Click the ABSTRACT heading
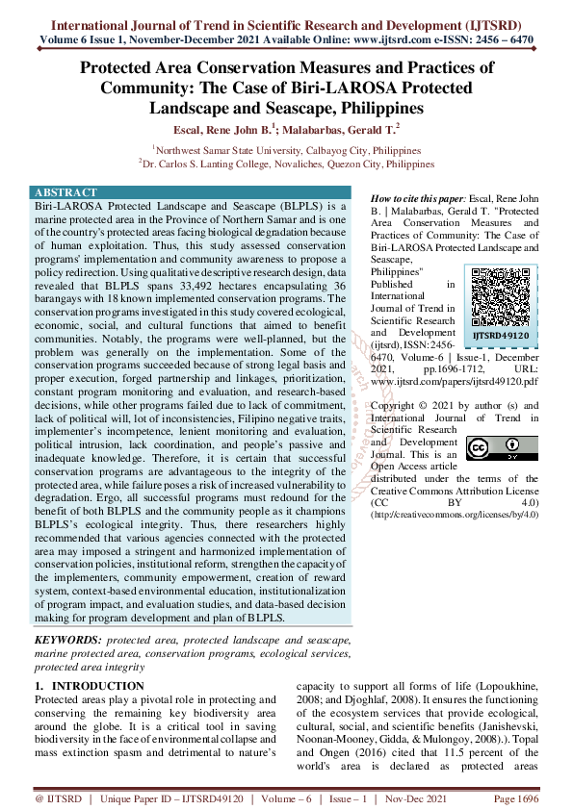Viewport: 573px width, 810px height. tap(65, 192)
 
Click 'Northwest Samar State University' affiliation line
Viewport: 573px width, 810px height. tap(286, 151)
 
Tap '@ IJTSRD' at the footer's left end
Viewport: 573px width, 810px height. tap(59, 799)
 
